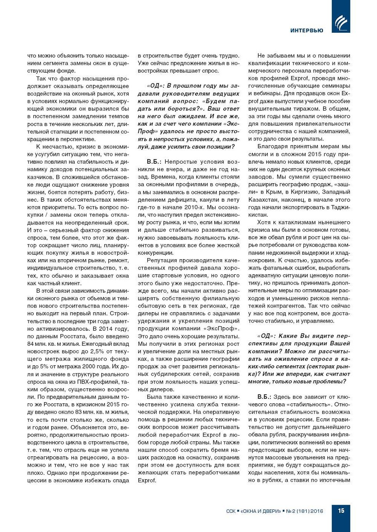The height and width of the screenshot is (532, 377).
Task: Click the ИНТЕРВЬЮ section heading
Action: [x=307, y=30]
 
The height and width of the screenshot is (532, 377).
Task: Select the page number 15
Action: [x=341, y=510]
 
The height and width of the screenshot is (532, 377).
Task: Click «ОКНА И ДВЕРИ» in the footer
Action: [x=260, y=511]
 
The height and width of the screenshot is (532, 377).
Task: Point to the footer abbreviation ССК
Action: [x=231, y=511]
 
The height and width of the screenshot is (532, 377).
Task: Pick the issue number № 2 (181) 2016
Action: [x=304, y=511]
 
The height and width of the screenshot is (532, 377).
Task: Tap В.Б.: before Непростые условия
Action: [x=154, y=162]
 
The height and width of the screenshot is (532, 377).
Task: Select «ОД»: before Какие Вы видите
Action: [x=265, y=336]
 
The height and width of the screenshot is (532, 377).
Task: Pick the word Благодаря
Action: [x=274, y=146]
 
